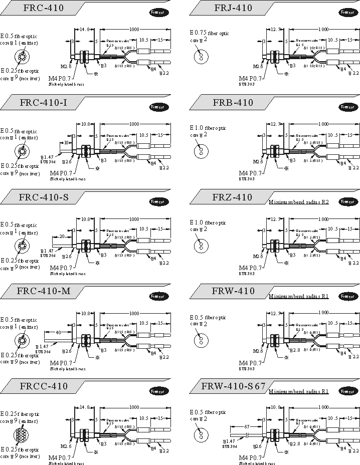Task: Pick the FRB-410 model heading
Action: pos(233,103)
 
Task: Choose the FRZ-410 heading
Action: pos(233,197)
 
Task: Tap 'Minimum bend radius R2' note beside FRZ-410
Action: pos(298,202)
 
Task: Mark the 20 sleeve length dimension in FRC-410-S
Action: pos(62,237)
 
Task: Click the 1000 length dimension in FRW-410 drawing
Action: pos(323,312)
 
